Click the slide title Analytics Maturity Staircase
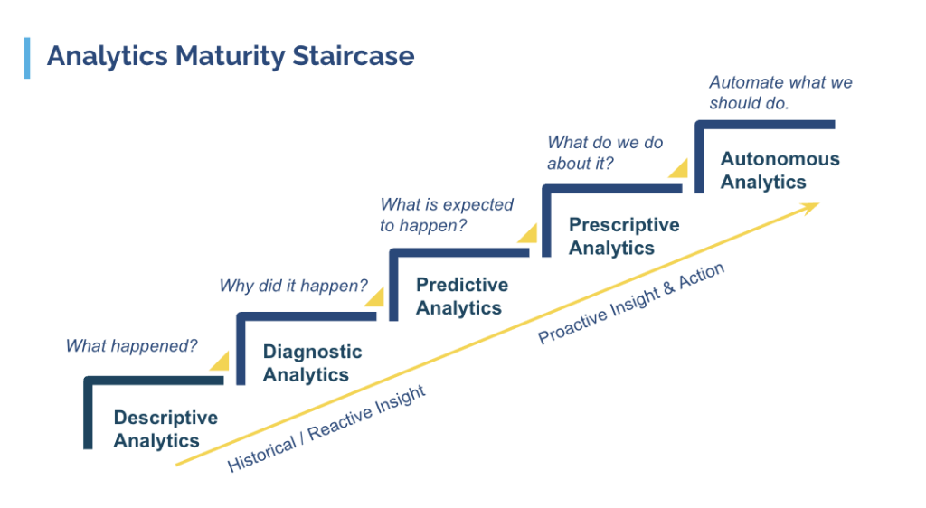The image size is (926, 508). tap(231, 56)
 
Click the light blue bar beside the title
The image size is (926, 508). tap(27, 57)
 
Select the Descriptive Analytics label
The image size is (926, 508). tap(165, 429)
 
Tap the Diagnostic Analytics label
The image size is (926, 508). tap(312, 363)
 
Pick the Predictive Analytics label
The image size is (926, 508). tap(461, 296)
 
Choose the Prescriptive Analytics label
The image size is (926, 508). tap(623, 236)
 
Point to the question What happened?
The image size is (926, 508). tap(131, 345)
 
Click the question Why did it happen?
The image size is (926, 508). tap(293, 287)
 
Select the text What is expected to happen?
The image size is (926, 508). tap(446, 215)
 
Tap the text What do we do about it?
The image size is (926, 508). tap(604, 153)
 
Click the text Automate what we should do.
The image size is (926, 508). tap(780, 92)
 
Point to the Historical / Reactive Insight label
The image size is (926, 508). tap(326, 429)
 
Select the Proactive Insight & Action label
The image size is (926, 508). tap(631, 305)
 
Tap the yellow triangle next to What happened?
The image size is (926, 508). tap(221, 361)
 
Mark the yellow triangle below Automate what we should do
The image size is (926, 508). tap(678, 168)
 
